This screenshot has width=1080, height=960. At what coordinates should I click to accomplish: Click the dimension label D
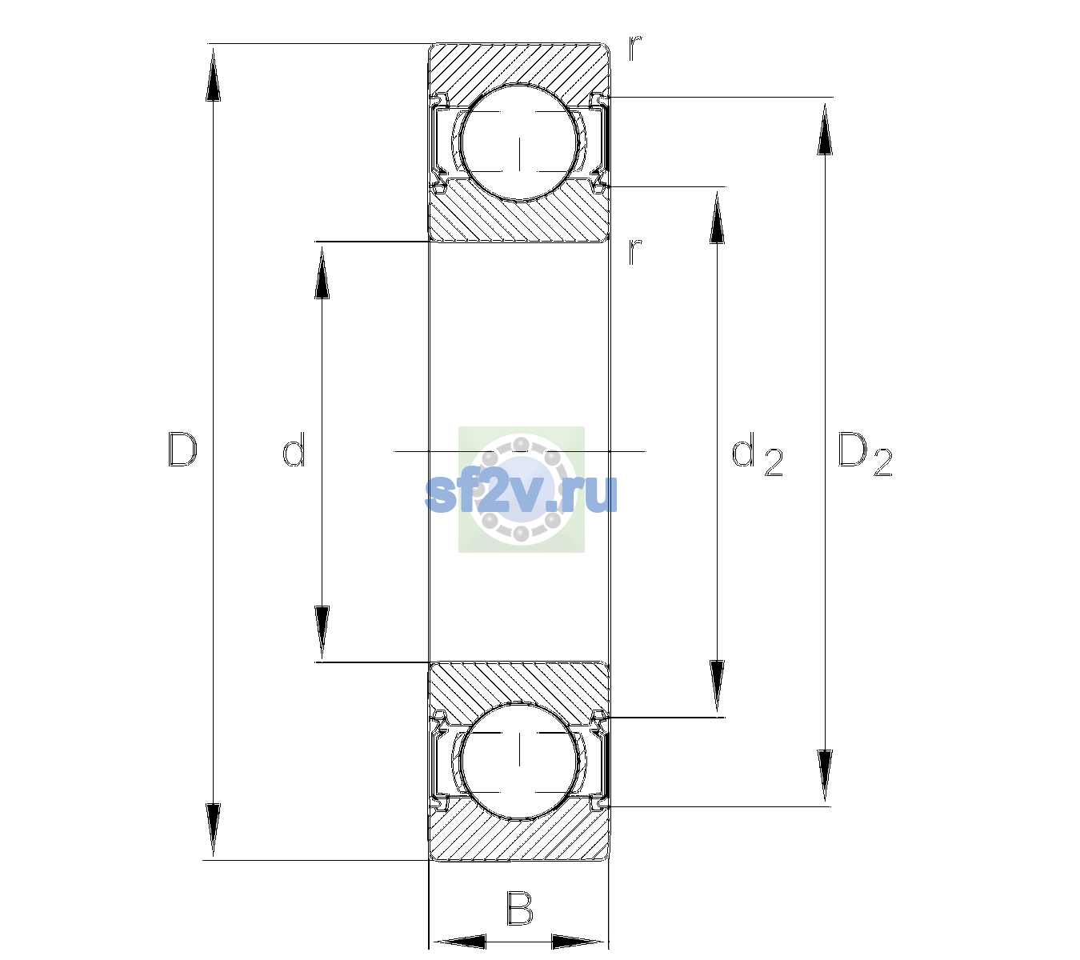pos(183,450)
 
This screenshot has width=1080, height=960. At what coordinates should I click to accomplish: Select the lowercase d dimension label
pos(294,450)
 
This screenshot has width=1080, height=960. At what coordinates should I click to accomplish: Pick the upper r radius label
pos(635,48)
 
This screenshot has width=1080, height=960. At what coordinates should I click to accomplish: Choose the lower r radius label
pos(635,251)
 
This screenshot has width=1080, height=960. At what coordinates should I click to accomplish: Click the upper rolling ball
pos(520,143)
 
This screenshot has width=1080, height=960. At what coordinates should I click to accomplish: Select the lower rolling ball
pos(520,760)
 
